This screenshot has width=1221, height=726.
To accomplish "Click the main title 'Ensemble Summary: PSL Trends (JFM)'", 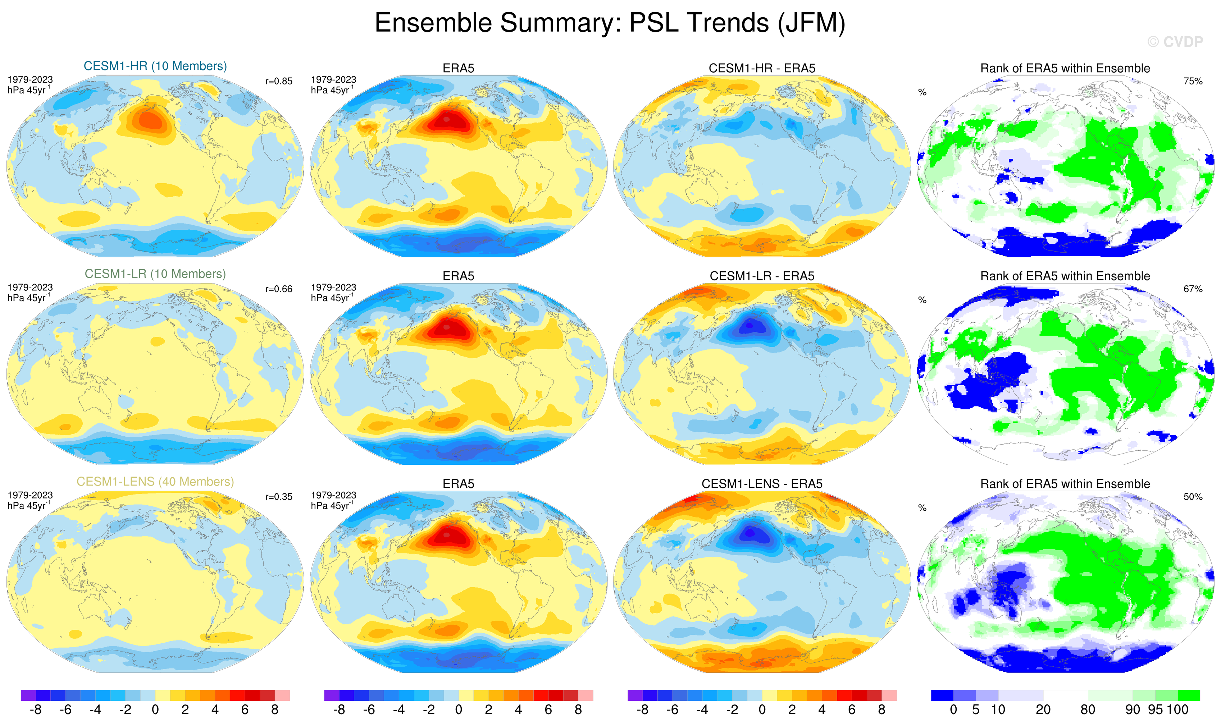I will tap(610, 23).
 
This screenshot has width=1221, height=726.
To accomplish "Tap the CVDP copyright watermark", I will tap(1175, 42).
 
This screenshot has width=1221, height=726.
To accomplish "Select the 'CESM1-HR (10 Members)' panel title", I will tap(155, 66).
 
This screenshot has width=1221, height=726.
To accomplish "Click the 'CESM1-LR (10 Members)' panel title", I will tap(155, 274).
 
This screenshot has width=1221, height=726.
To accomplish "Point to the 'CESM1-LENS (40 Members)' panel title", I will tap(155, 482).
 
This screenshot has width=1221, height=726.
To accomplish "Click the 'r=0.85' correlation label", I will tap(279, 81).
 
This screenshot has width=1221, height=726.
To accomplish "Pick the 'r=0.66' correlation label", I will tap(279, 289).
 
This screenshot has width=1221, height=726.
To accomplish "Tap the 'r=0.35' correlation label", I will tap(279, 497).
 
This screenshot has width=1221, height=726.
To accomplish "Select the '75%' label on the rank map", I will tap(1193, 81).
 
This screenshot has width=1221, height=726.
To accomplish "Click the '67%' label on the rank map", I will tap(1193, 289).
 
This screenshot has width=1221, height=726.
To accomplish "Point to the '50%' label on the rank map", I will tap(1193, 497).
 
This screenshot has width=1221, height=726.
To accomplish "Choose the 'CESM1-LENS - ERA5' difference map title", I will tap(762, 484).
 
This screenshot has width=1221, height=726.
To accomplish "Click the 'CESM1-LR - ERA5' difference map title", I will tap(762, 276).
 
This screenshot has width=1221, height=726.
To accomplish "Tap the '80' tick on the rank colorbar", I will tap(1087, 710).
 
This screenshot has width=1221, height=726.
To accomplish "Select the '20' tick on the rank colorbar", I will tap(1043, 710).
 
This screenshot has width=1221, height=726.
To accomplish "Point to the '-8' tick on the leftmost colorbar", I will tap(35, 710).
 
